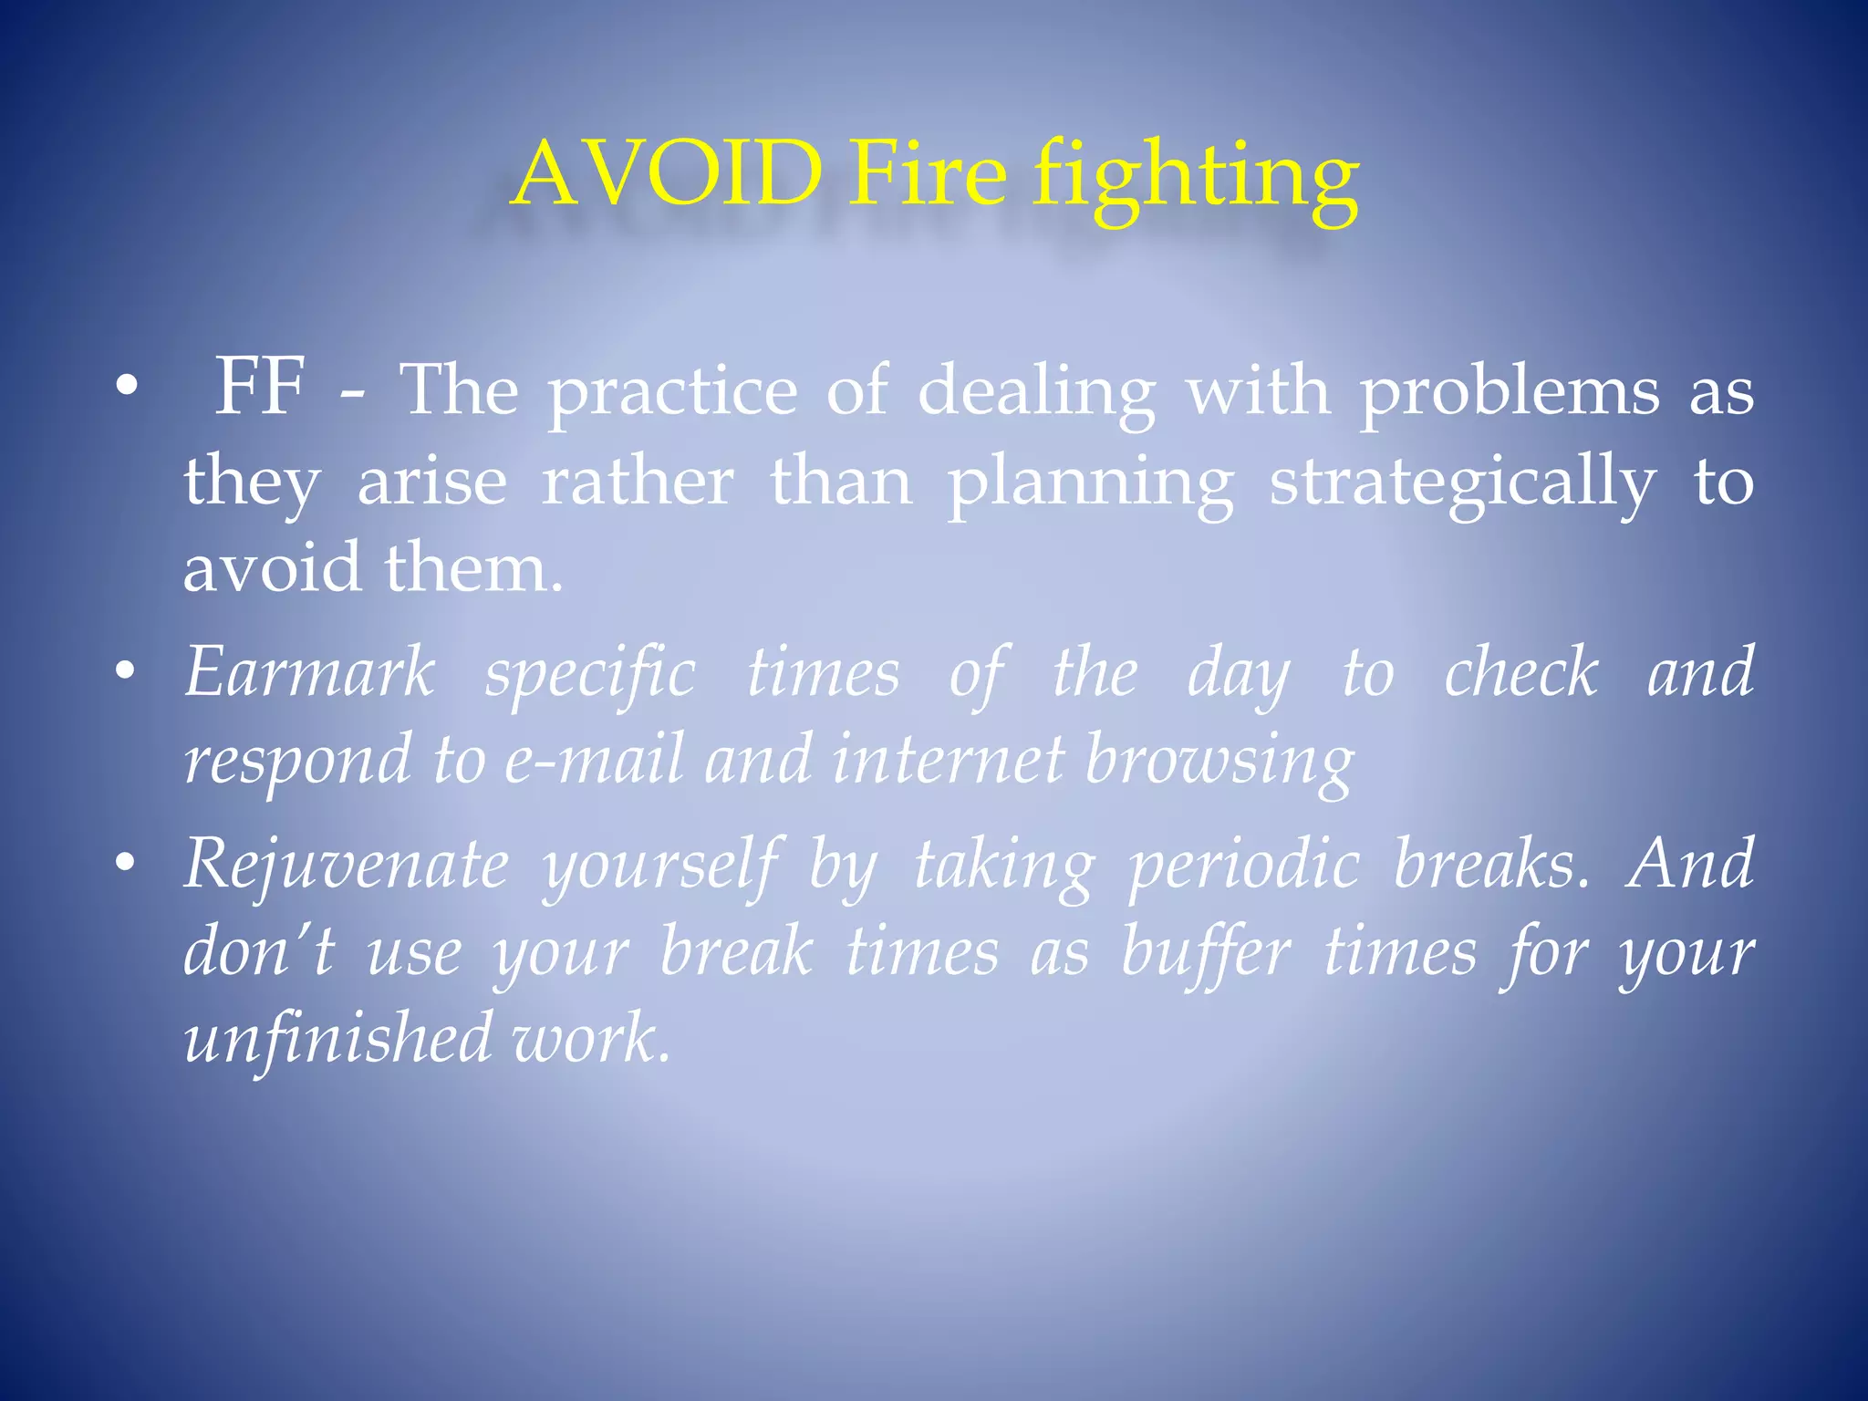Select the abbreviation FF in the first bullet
(x=259, y=388)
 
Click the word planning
(x=1091, y=483)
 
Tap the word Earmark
(x=309, y=672)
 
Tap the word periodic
(x=1244, y=867)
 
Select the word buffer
(x=1206, y=954)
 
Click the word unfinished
(x=338, y=1040)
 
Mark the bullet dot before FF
(x=127, y=388)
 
